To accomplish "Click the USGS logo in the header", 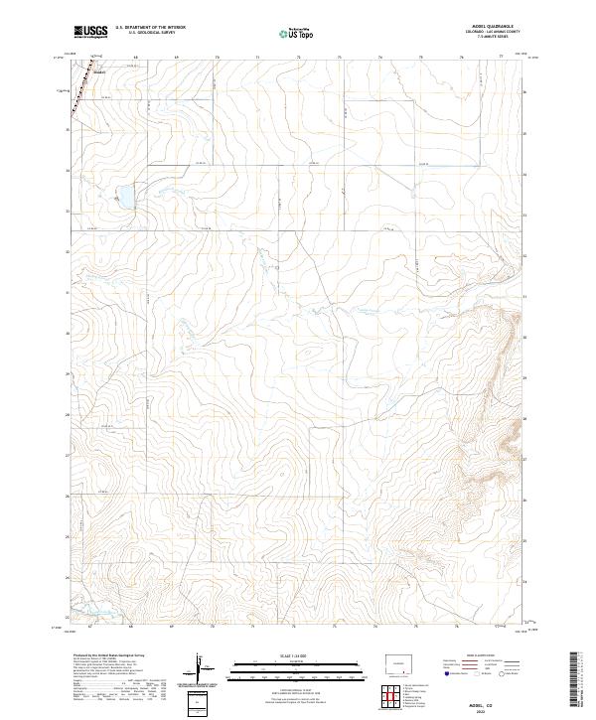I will click(92, 32).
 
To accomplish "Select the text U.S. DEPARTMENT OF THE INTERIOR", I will click(150, 27).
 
